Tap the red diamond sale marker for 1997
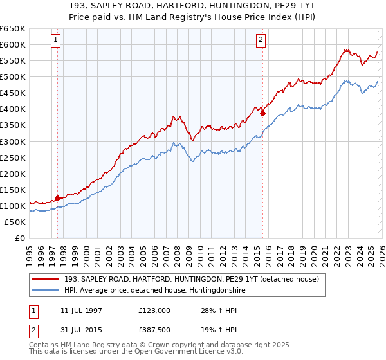click(58, 198)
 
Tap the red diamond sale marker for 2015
click(263, 113)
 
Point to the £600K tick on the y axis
click(13, 45)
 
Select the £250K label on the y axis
click(13, 157)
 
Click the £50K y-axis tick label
click(15, 222)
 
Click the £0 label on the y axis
click(21, 238)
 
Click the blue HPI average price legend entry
click(154, 290)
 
